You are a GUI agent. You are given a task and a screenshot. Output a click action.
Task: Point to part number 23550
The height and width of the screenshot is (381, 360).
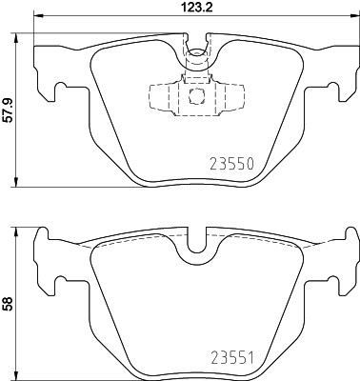coord(231,164)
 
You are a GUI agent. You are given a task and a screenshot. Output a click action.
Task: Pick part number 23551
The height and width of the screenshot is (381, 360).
coord(231,359)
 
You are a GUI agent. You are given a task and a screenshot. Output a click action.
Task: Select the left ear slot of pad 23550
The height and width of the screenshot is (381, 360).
coord(62,92)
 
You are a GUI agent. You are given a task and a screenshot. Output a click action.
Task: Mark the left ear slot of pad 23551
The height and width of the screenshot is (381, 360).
coord(62,284)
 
